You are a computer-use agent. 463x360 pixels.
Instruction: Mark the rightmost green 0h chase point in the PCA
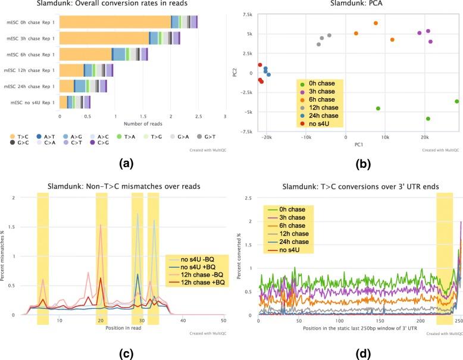(x=456, y=101)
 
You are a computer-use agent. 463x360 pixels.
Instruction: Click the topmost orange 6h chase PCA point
(x=376, y=23)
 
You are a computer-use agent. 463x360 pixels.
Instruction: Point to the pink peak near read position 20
(x=101, y=226)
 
